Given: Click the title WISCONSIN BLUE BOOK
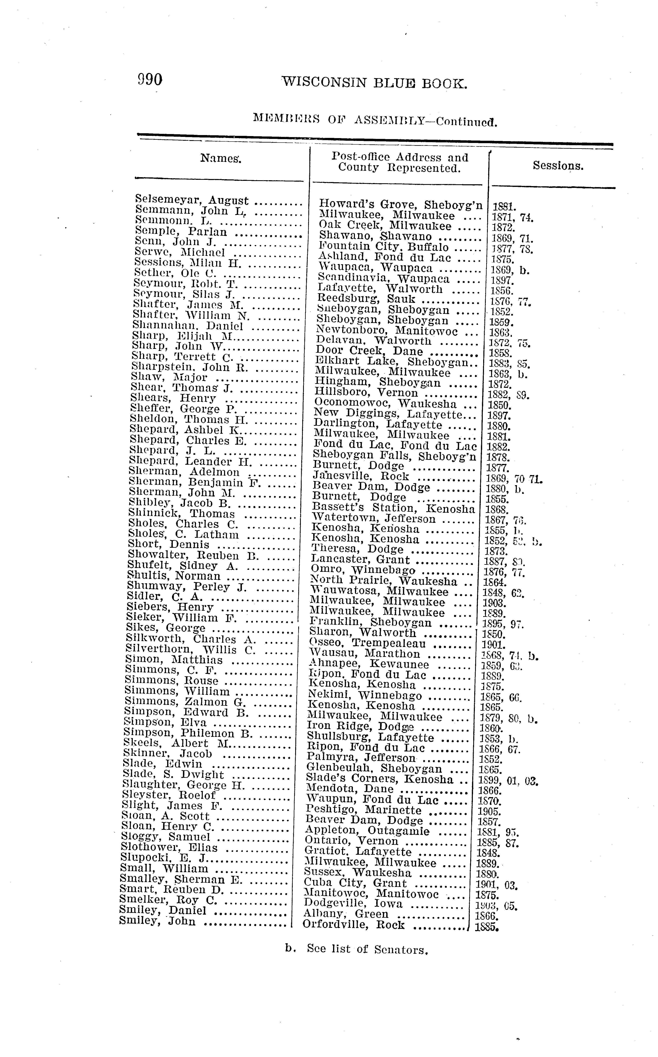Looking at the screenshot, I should coord(374,82).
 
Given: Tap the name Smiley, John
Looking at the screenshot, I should coord(158,921).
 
